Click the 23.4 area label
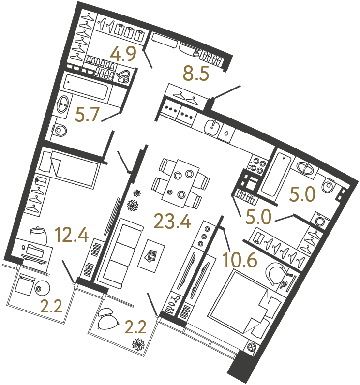point(172,222)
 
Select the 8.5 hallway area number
point(195,74)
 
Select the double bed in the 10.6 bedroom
point(244,302)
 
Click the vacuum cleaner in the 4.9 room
point(124,75)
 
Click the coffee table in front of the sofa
point(151,255)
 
